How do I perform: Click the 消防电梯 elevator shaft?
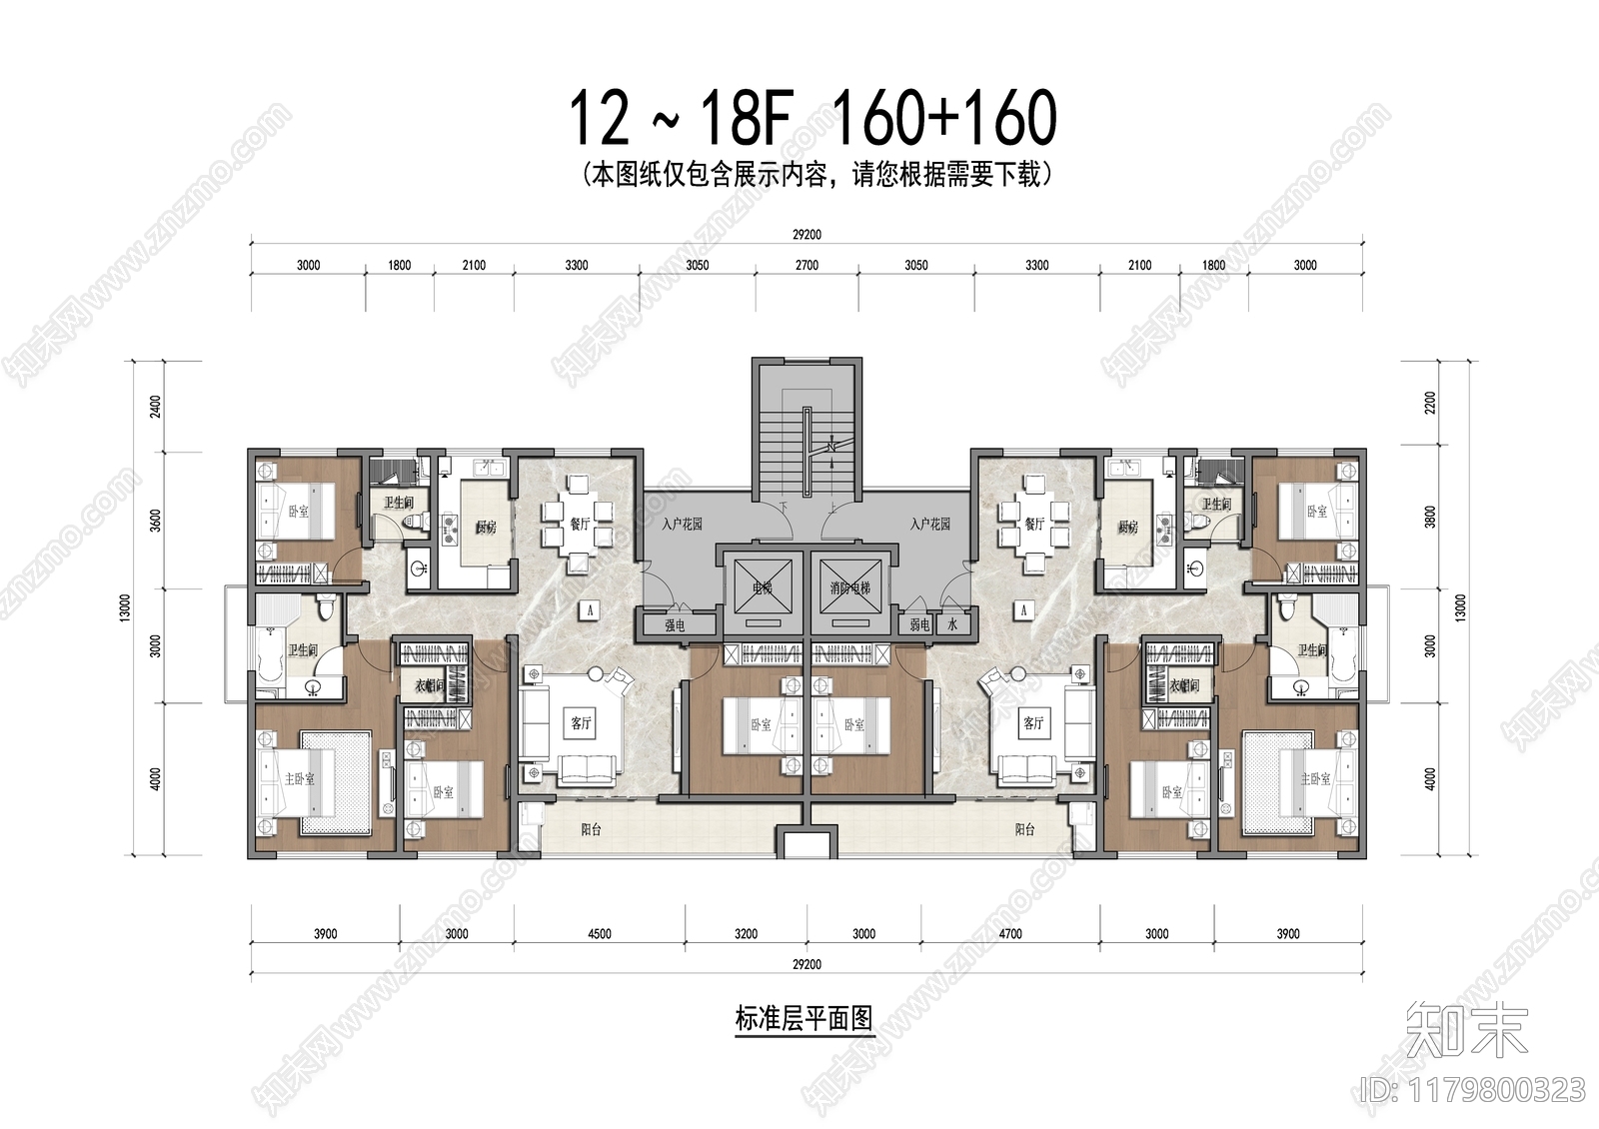coord(850,588)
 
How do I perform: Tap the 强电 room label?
coord(676,625)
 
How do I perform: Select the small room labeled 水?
coord(951,625)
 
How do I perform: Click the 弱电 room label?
coord(920,625)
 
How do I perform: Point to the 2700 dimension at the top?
coord(806,265)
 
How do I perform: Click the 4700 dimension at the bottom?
coord(1010,934)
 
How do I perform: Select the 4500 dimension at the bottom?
coord(600,934)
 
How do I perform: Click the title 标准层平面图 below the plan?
coord(804,1019)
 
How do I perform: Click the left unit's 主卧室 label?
coord(299,778)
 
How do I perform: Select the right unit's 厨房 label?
coord(1128,527)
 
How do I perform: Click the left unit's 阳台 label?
coord(591,829)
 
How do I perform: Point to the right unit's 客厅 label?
coord(1033,722)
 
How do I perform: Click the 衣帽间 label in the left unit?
coord(430,686)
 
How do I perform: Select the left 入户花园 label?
coord(682,524)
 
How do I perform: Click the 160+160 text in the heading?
coord(943,118)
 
